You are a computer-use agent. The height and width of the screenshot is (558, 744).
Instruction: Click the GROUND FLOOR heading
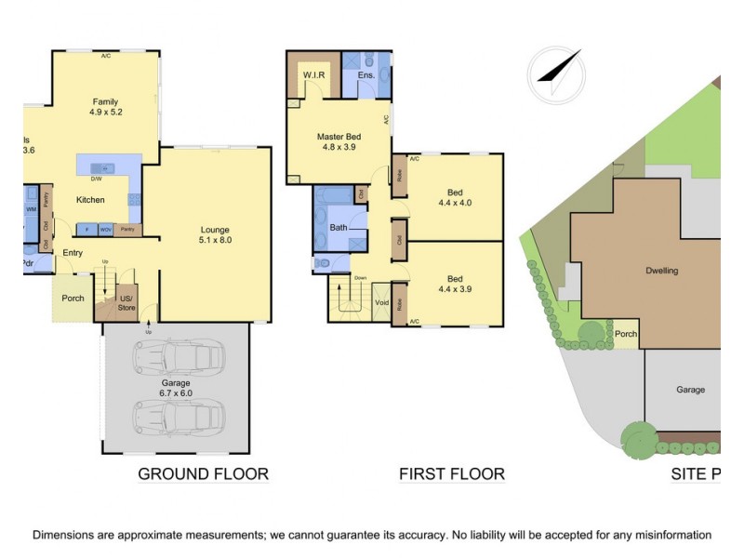(203, 474)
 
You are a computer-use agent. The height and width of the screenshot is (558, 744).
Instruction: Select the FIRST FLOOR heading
(452, 474)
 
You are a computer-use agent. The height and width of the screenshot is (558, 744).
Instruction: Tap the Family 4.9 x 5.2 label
(106, 107)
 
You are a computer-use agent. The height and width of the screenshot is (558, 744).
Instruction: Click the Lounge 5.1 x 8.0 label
(215, 235)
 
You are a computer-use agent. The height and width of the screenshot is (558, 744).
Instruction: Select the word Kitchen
(90, 200)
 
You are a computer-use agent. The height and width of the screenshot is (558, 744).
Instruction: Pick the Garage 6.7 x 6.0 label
(175, 388)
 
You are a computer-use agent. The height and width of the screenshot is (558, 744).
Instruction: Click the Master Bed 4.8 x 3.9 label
(340, 141)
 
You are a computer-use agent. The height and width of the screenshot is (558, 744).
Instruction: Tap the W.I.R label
(312, 74)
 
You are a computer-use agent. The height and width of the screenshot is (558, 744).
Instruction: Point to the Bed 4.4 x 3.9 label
(455, 284)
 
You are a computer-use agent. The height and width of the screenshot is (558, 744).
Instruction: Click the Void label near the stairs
(381, 303)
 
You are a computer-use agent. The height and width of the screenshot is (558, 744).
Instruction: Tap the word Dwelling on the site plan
(661, 272)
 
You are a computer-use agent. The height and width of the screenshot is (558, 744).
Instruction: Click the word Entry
(73, 253)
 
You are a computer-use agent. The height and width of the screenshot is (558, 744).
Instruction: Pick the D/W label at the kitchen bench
(96, 179)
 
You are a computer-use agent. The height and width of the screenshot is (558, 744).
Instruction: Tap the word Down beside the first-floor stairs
(359, 278)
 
